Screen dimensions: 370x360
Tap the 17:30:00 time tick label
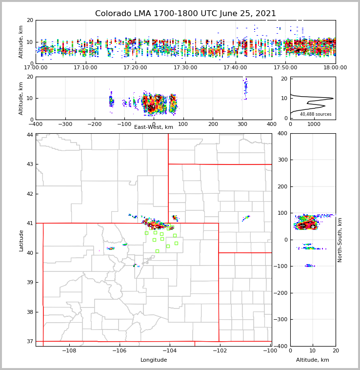(x=185, y=67)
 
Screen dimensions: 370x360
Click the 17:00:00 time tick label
(x=36, y=67)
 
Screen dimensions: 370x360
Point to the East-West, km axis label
(x=154, y=127)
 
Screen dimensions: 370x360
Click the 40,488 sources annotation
(x=316, y=114)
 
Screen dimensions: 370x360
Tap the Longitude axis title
(x=154, y=360)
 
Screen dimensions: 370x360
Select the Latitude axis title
(x=21, y=240)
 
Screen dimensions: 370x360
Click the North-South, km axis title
(x=340, y=240)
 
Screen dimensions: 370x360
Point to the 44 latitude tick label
(x=30, y=135)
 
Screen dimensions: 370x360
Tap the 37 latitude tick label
(x=30, y=341)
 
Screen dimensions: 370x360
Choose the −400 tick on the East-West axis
(x=36, y=124)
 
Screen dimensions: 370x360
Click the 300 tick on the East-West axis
(x=242, y=124)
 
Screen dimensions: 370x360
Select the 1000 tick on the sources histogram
(x=313, y=124)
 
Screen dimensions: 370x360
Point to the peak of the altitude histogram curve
(x=333, y=98)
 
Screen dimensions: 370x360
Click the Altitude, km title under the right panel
(x=313, y=360)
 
